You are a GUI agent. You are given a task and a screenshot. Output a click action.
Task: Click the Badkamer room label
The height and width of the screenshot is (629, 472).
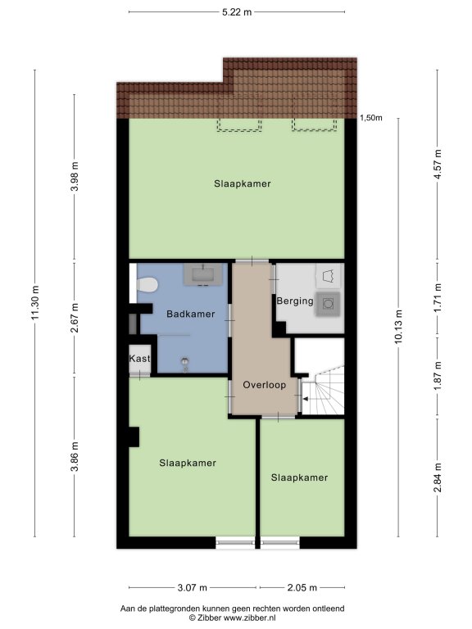[x=191, y=314]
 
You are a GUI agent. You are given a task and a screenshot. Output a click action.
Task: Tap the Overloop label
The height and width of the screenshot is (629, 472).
[x=265, y=385]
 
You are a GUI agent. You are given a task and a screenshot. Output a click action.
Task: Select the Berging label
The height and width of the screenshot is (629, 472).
[x=295, y=301]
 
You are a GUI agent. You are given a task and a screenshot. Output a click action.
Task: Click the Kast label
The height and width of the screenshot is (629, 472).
[x=139, y=358]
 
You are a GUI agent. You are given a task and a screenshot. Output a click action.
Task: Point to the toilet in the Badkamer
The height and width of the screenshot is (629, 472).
[x=147, y=285]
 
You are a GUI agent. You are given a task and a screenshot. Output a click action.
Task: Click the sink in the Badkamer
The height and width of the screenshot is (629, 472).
[x=203, y=275]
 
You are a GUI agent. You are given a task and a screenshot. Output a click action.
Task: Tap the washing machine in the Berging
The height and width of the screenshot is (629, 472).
[x=328, y=304]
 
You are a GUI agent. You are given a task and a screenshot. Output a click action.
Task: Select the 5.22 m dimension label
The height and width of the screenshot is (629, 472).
[x=237, y=12]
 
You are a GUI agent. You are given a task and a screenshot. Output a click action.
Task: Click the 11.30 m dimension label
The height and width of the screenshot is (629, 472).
[x=35, y=303]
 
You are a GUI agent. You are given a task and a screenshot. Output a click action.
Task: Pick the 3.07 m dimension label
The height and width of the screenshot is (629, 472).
[x=193, y=588]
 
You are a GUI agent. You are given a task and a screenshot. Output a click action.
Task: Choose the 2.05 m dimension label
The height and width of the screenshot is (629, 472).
[x=302, y=588]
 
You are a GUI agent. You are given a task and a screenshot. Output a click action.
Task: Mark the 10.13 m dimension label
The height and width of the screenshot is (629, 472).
[x=398, y=327]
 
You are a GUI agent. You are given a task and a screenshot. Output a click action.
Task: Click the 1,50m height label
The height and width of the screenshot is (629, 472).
[x=371, y=118]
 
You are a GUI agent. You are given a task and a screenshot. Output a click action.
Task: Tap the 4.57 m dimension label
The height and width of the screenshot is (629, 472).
[x=438, y=165]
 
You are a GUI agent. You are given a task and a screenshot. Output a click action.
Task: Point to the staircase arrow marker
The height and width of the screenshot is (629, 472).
[x=306, y=399]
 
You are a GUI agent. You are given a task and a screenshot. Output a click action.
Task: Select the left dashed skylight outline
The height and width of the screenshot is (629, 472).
[x=239, y=125]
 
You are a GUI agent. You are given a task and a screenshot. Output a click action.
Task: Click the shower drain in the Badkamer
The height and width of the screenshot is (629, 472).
[x=185, y=362]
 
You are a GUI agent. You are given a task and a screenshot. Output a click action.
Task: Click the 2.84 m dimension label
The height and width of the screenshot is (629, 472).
[x=438, y=477]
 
